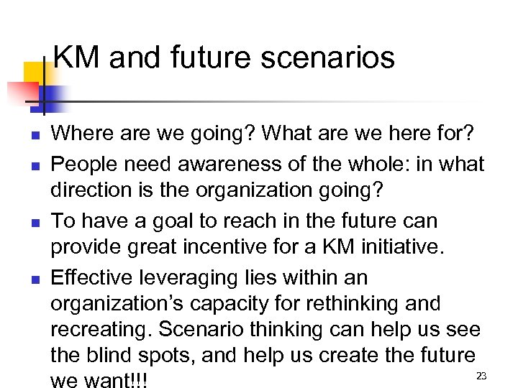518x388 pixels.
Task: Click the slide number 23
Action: pyautogui.click(x=481, y=377)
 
